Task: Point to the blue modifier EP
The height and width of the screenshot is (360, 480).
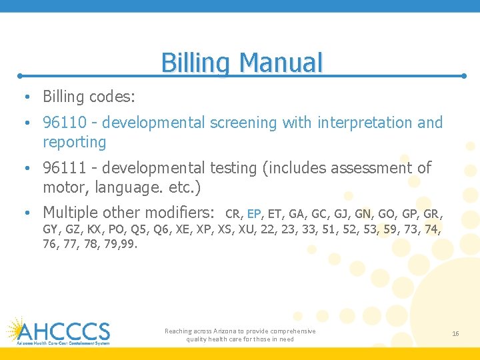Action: (x=254, y=215)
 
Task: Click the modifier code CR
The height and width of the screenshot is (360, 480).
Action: (x=233, y=215)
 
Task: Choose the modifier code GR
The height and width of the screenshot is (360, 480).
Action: (x=432, y=215)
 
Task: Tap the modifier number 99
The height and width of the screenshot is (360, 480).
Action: (x=129, y=245)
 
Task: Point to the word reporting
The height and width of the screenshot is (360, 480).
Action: (x=74, y=142)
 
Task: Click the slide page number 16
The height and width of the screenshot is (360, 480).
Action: (x=455, y=333)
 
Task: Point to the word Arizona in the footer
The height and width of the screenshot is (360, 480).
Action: (x=228, y=331)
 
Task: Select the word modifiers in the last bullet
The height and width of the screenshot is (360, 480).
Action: (x=181, y=213)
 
